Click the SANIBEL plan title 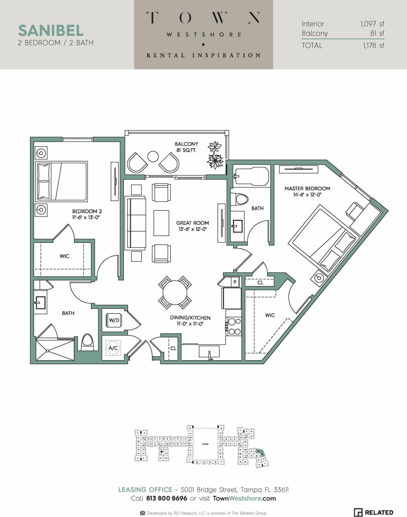[51, 30]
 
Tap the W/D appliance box [114, 320]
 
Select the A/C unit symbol [113, 348]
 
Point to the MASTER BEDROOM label [307, 189]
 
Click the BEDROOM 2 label [87, 211]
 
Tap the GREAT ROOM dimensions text [192, 229]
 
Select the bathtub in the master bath [251, 176]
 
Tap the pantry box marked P [235, 282]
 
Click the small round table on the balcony [153, 156]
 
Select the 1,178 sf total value [373, 46]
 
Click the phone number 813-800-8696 [166, 498]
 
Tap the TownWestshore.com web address [244, 498]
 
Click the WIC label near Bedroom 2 [65, 256]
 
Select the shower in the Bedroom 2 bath [55, 350]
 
